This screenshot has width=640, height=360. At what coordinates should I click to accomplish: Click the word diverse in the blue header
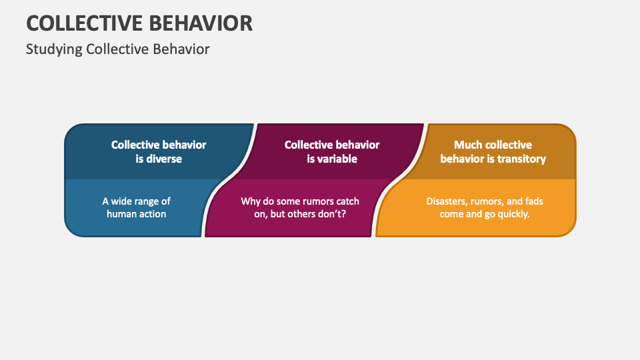tap(164, 159)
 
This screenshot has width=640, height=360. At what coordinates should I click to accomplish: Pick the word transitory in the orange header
tap(521, 159)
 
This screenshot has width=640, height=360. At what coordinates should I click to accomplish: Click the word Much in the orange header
tap(468, 145)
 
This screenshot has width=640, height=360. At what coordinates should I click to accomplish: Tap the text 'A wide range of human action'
tap(136, 207)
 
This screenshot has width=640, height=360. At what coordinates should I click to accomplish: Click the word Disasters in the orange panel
tap(447, 201)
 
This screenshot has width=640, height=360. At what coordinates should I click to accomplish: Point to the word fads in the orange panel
tap(535, 201)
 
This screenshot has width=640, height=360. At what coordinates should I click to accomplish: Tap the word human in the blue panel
tap(120, 214)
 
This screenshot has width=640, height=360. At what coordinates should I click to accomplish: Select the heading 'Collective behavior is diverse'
tap(159, 151)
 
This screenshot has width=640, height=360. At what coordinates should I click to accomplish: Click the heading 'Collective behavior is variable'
tap(332, 151)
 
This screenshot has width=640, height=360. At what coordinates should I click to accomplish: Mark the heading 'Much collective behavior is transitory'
tap(493, 151)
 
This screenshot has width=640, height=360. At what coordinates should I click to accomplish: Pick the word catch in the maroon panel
tap(347, 201)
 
